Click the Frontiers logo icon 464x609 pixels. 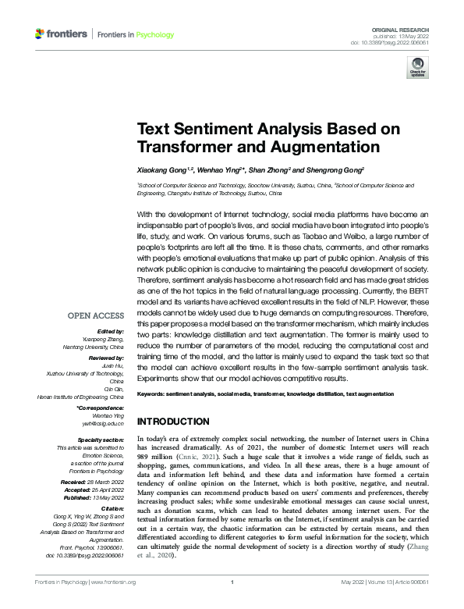[x=40, y=34]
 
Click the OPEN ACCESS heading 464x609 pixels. [x=96, y=316]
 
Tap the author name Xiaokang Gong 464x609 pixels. [x=162, y=169]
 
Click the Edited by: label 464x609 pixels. [x=108, y=331]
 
